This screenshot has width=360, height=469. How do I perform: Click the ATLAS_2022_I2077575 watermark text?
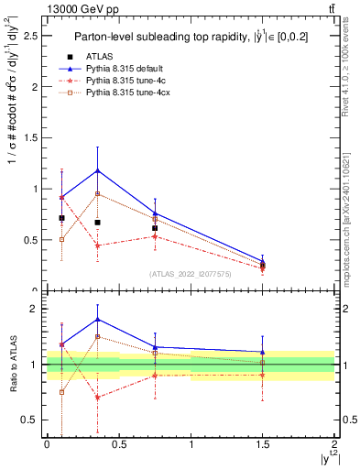191,274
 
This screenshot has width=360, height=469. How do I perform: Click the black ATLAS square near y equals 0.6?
155,228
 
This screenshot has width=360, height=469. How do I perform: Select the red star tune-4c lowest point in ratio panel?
98,398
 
